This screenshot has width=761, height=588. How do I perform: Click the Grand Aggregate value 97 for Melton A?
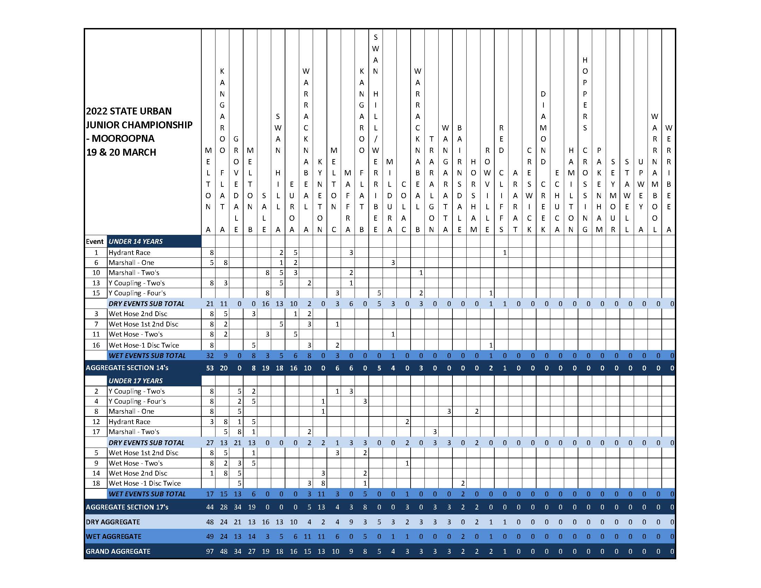point(209,551)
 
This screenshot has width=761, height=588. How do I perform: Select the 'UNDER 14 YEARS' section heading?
point(136,241)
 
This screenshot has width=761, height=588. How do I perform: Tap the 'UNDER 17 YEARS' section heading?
point(136,381)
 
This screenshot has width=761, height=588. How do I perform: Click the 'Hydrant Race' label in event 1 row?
point(129,252)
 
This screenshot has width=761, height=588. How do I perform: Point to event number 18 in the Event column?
point(96,483)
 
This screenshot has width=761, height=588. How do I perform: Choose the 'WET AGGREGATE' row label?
point(113,536)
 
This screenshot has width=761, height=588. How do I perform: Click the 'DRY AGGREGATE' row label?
point(113,522)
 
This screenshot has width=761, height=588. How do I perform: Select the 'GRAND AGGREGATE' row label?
point(118,551)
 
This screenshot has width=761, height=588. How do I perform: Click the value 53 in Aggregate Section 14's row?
point(209,368)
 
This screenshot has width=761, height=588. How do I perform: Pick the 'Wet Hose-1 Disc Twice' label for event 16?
point(144,345)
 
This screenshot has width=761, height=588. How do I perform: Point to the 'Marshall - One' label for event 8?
point(131,411)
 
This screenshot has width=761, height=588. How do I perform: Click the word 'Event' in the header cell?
point(95,241)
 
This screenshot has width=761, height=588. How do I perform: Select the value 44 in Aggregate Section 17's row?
point(209,507)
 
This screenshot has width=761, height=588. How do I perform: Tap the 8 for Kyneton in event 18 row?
point(323,483)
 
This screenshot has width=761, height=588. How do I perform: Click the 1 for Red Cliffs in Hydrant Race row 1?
point(504,252)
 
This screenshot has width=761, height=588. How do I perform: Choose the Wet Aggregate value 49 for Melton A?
point(209,536)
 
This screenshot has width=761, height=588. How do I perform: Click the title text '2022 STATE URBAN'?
point(129,111)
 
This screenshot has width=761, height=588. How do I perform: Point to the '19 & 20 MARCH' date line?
point(121,152)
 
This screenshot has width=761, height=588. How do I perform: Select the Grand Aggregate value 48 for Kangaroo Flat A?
point(223,551)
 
